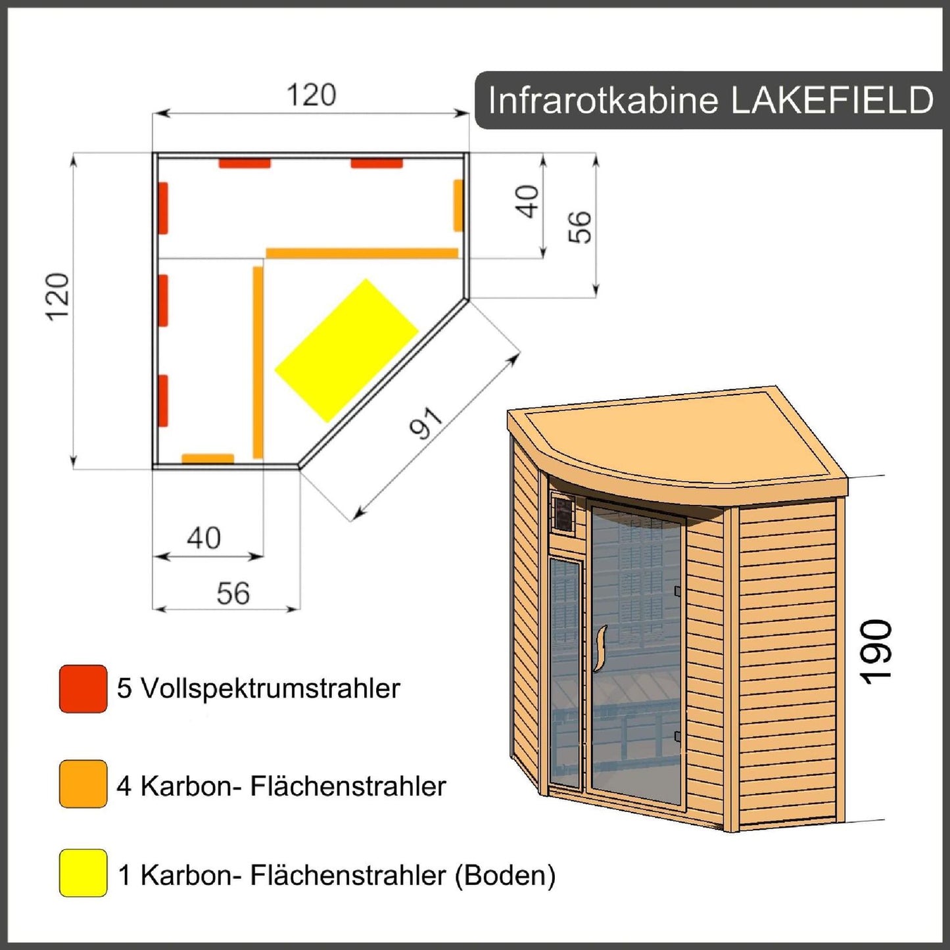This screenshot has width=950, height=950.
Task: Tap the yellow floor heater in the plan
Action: pos(346,350)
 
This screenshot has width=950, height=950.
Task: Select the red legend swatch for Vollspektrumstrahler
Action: pos(83,689)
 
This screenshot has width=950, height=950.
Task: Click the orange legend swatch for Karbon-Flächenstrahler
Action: pos(83,784)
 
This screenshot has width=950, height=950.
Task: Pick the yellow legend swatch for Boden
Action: pos(83,873)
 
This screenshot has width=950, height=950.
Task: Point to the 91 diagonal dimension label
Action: pos(427,423)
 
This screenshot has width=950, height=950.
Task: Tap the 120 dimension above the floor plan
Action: pos(311,95)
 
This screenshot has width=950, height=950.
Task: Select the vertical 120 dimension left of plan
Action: pos(58,297)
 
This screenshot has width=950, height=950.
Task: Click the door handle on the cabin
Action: pos(600,648)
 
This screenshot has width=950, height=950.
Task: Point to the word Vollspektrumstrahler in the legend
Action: pos(270,689)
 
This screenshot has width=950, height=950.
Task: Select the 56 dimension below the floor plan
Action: pos(233,594)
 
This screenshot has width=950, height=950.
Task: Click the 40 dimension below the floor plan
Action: pos(203,538)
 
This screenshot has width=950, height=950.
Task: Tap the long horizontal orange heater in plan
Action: pos(362,253)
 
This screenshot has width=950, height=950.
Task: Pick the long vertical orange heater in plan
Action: pos(258,362)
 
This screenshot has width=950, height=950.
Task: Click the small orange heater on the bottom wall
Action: pos(208,458)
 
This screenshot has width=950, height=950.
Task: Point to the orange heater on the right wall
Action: pos(458,205)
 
